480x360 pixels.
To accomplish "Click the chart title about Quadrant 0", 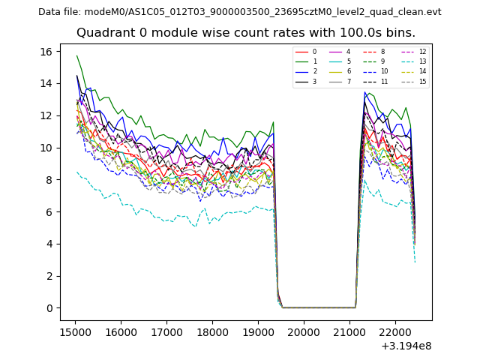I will point(245,33).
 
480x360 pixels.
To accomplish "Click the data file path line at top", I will point(240,11).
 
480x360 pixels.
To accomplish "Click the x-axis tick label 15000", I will point(75,331).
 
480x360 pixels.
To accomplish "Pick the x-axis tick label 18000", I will point(212,331).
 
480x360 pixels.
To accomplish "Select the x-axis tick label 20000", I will point(304,331).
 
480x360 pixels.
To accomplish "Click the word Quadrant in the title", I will point(103,33).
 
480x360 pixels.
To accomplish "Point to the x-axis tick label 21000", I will point(349,331).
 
